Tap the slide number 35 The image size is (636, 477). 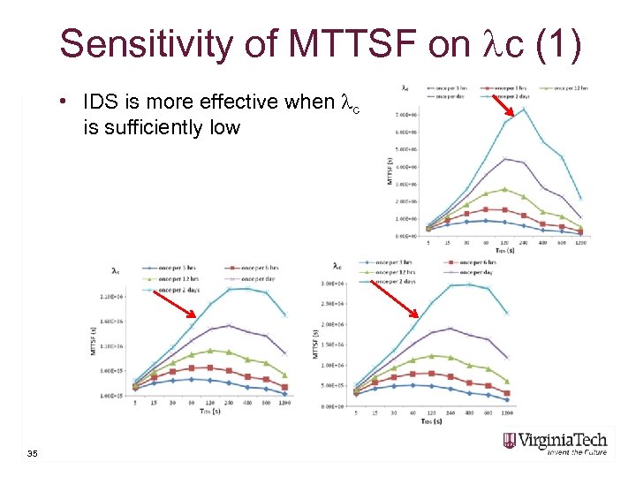[x=33, y=454]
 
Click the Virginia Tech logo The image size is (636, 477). [x=557, y=442]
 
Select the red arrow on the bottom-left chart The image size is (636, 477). [x=182, y=305]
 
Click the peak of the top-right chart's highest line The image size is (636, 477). [x=524, y=110]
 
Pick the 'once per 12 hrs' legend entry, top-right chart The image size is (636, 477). [x=564, y=87]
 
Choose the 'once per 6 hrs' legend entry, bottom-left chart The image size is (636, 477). [x=256, y=268]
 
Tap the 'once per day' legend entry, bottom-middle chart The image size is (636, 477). [x=472, y=272]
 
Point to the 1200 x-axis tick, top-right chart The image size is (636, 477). [x=579, y=242]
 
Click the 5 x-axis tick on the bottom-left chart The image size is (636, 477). [x=135, y=403]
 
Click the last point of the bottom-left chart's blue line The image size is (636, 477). [x=284, y=393]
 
